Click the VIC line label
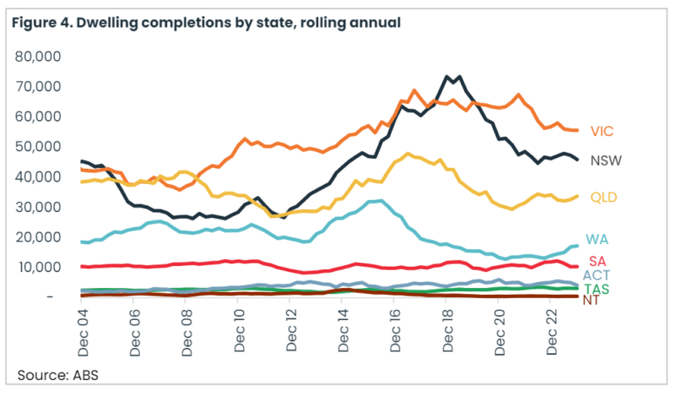click(602, 131)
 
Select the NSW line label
click(606, 160)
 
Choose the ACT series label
click(598, 275)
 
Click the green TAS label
click(597, 289)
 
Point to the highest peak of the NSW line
click(446, 77)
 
